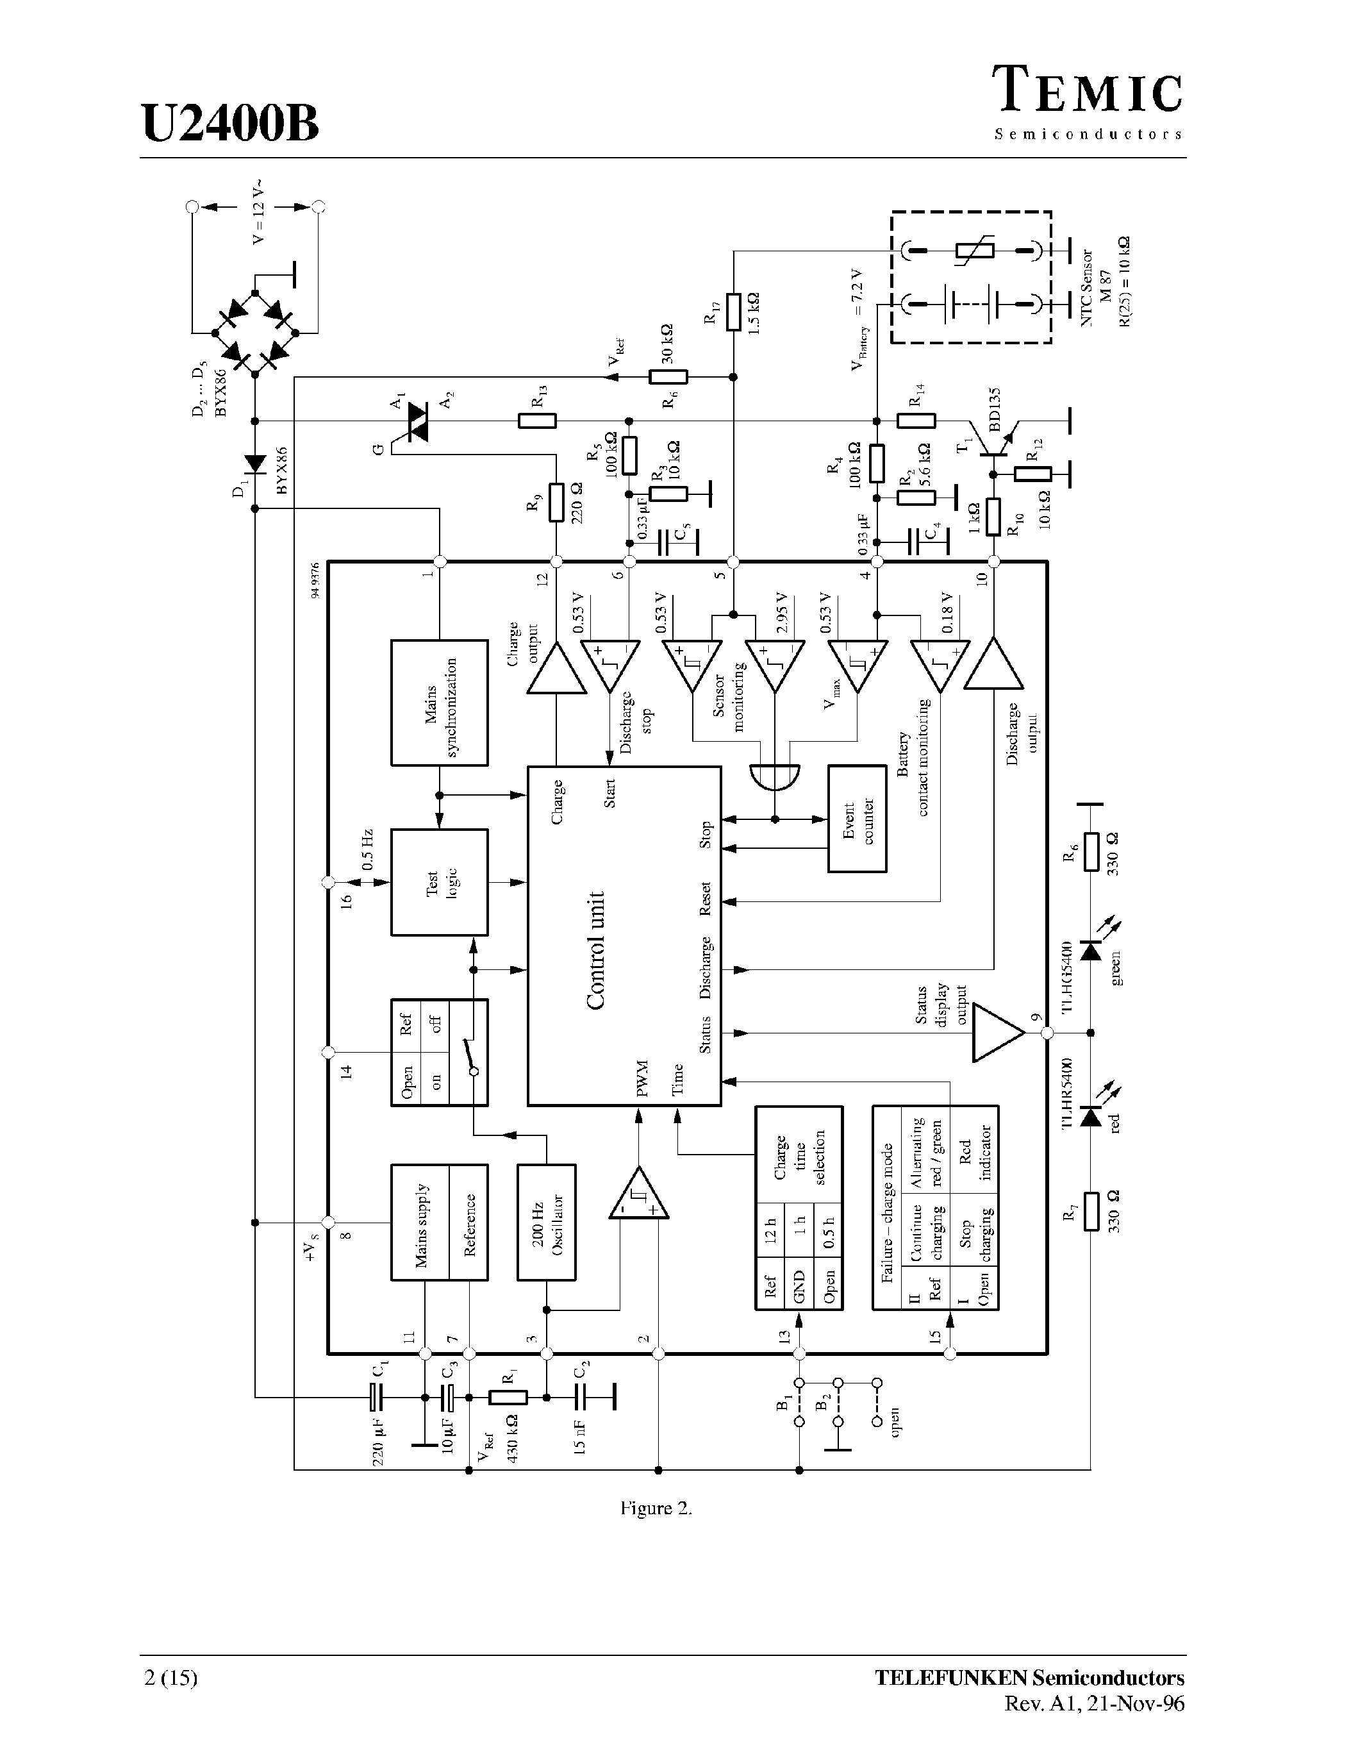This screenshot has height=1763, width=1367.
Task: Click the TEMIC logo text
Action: point(1087,90)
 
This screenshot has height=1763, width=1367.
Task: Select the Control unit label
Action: point(595,950)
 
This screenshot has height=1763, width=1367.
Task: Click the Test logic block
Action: point(439,882)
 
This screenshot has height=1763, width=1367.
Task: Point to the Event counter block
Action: point(857,819)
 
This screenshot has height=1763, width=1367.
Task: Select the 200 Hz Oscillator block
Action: point(545,1222)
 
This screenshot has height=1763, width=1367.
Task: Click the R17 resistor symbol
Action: point(733,312)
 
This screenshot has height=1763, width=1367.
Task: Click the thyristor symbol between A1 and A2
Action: point(417,421)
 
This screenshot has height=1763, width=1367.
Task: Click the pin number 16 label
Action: point(346,901)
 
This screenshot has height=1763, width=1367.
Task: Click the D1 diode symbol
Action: point(255,464)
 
